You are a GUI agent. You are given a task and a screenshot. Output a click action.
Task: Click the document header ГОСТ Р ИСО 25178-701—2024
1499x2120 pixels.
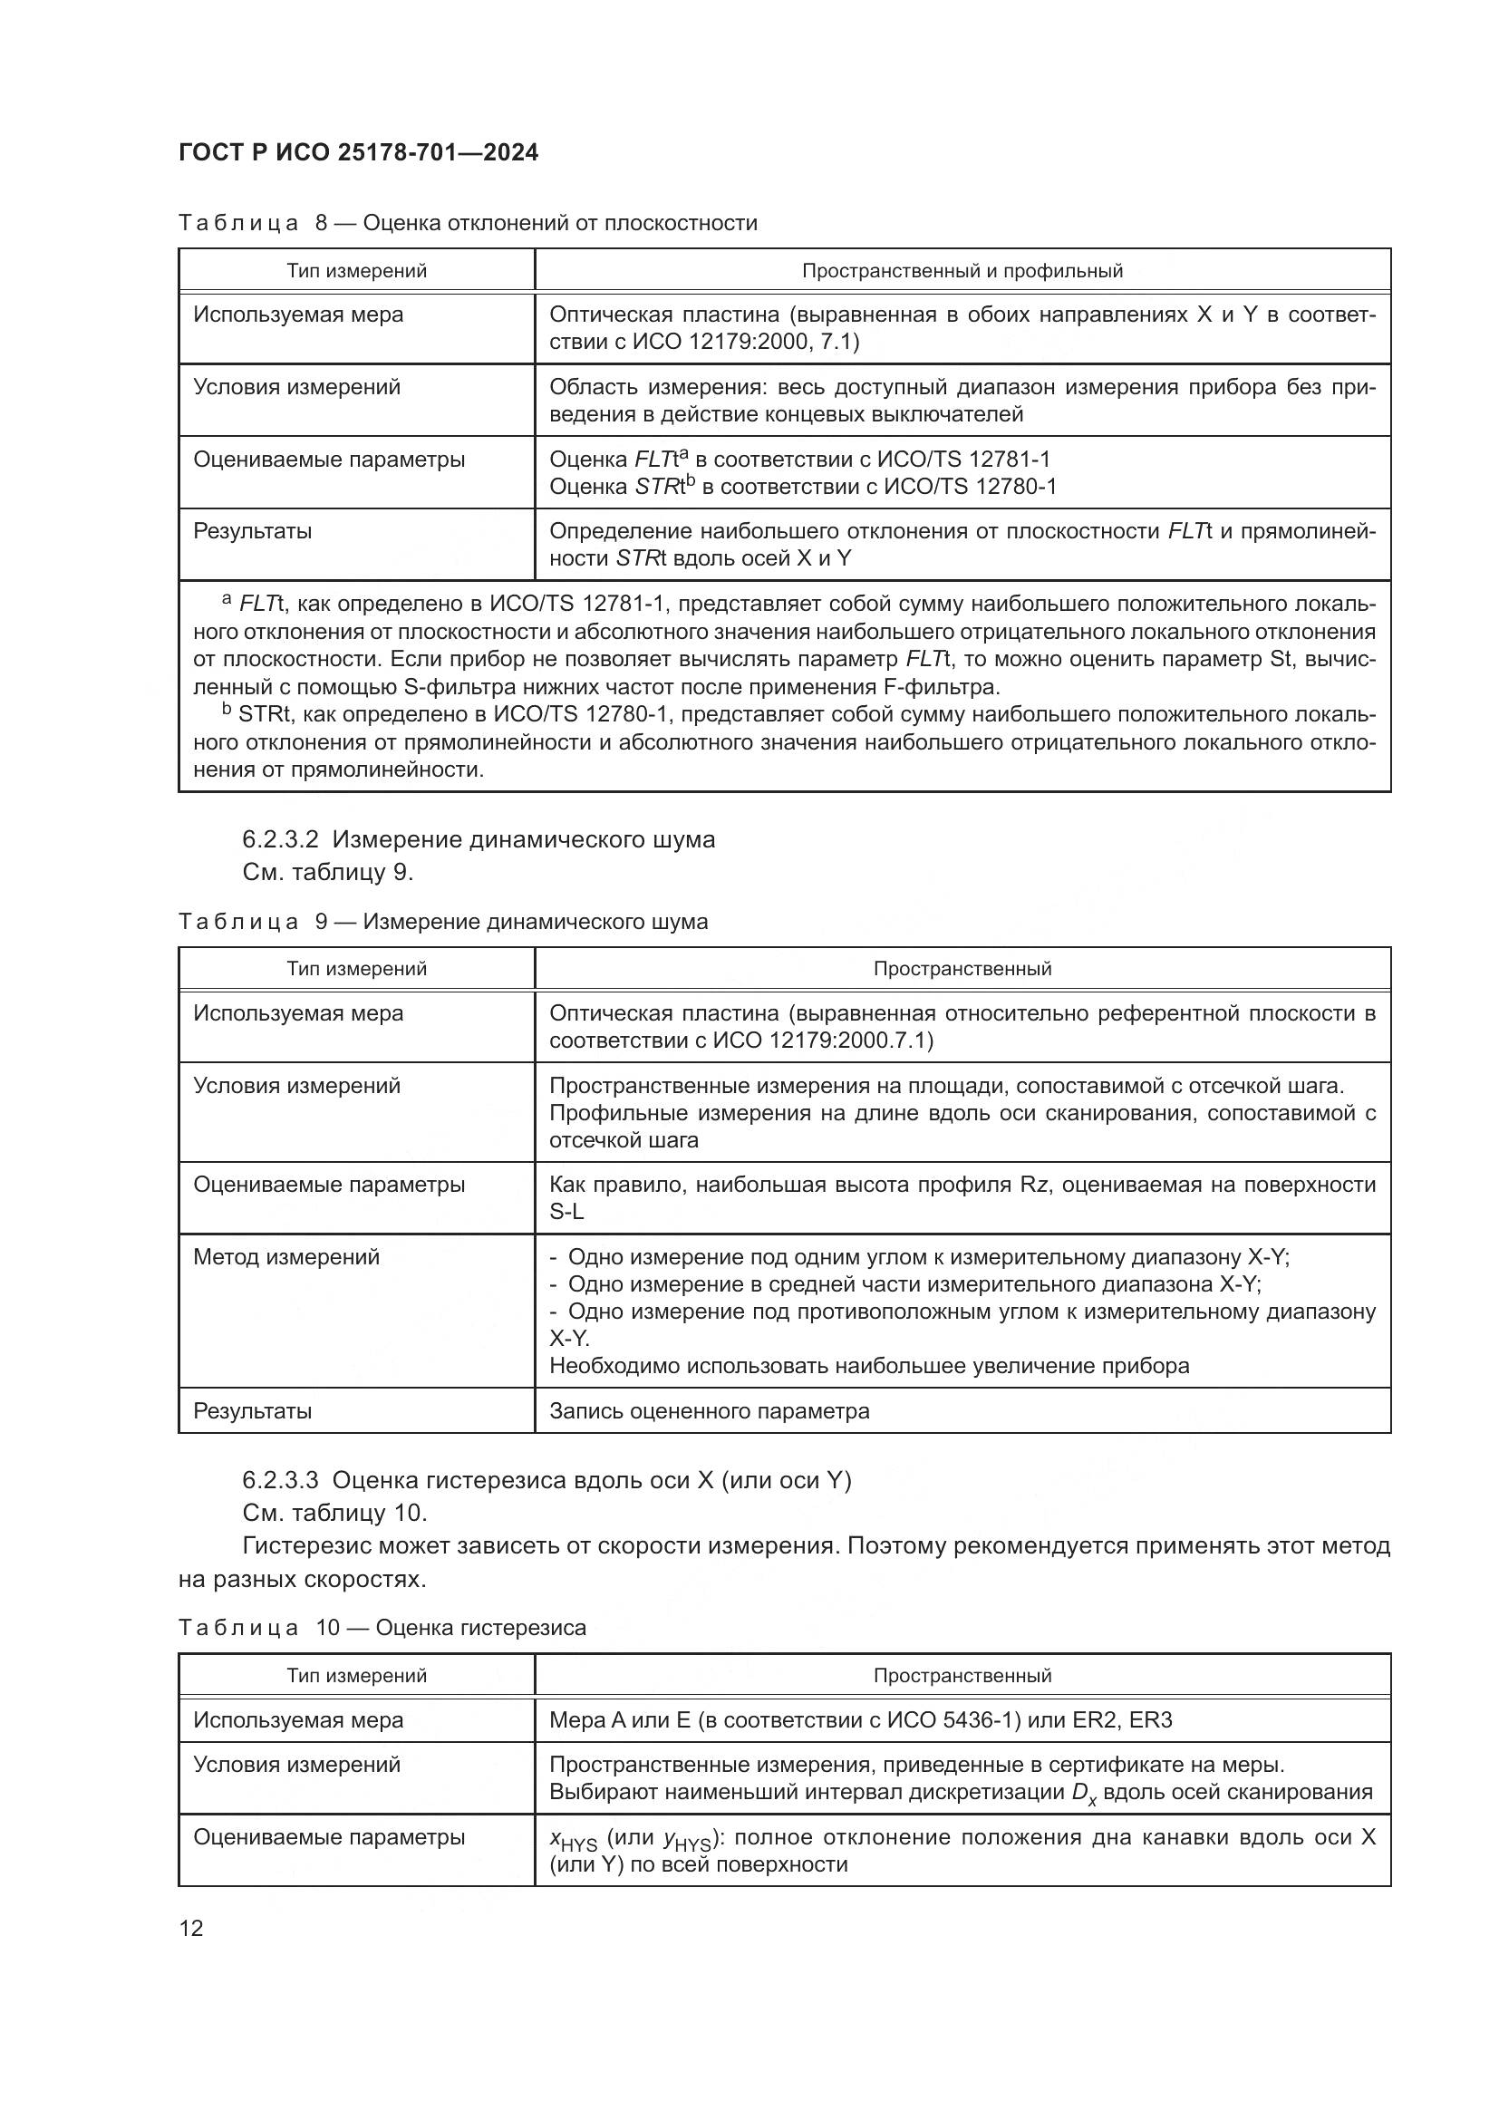[x=358, y=153]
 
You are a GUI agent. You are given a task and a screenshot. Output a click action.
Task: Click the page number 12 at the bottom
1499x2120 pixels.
[x=191, y=1928]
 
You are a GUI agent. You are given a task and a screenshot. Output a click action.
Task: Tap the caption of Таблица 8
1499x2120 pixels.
[x=467, y=224]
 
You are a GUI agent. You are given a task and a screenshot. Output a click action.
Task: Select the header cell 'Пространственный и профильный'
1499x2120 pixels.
[x=962, y=270]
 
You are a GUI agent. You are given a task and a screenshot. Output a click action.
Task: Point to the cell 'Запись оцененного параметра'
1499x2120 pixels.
[x=709, y=1411]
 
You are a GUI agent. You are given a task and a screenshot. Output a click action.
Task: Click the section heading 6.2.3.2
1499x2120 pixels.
[x=479, y=839]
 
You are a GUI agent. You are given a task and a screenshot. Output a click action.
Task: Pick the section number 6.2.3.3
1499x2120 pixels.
[x=281, y=1480]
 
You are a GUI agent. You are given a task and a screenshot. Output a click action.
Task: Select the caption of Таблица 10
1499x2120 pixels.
[x=382, y=1627]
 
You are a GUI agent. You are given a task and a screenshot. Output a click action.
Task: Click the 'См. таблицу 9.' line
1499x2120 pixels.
[x=328, y=872]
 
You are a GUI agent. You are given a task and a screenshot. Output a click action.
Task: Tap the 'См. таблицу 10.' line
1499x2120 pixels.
[x=334, y=1513]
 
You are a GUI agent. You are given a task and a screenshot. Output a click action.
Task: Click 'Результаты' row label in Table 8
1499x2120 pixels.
[x=252, y=531]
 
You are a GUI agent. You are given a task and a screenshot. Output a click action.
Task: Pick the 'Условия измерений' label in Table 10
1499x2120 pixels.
[x=296, y=1765]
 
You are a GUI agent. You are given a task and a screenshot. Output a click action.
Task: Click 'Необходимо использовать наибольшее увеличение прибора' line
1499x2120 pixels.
[x=868, y=1366]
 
